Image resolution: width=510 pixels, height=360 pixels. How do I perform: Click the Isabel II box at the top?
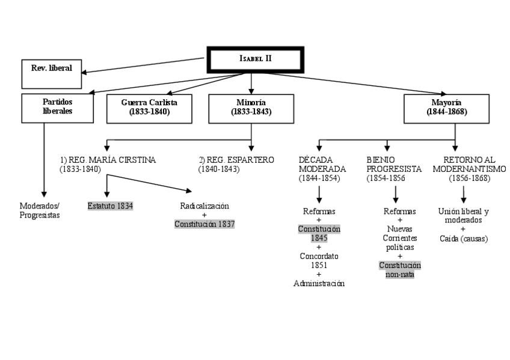tap(256, 59)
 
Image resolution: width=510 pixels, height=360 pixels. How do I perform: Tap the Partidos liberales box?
tap(58, 108)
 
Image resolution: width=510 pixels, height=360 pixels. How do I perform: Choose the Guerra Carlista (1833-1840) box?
tap(149, 108)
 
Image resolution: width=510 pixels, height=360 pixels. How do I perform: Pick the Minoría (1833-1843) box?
tap(251, 108)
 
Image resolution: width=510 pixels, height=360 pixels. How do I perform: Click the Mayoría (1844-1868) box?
tap(447, 108)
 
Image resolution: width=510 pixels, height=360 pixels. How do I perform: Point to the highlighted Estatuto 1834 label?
tap(110, 206)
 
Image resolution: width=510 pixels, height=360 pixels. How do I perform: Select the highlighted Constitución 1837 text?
tap(204, 224)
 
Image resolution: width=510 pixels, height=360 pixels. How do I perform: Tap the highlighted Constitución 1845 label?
tap(319, 233)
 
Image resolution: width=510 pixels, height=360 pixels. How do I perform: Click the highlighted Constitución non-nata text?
tap(400, 270)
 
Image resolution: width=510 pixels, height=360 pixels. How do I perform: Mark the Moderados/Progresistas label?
tap(40, 210)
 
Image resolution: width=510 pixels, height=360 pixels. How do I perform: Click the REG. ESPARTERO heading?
tap(236, 160)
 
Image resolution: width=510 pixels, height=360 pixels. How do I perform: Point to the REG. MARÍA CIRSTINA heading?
tap(108, 160)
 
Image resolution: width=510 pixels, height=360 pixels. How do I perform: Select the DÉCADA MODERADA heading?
tap(322, 164)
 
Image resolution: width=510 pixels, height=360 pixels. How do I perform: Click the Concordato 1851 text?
tap(319, 260)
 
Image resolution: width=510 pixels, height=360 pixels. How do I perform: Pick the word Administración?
tap(319, 284)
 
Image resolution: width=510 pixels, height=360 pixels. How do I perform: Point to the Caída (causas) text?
tap(463, 239)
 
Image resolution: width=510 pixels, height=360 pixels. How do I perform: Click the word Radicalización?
tap(204, 206)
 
